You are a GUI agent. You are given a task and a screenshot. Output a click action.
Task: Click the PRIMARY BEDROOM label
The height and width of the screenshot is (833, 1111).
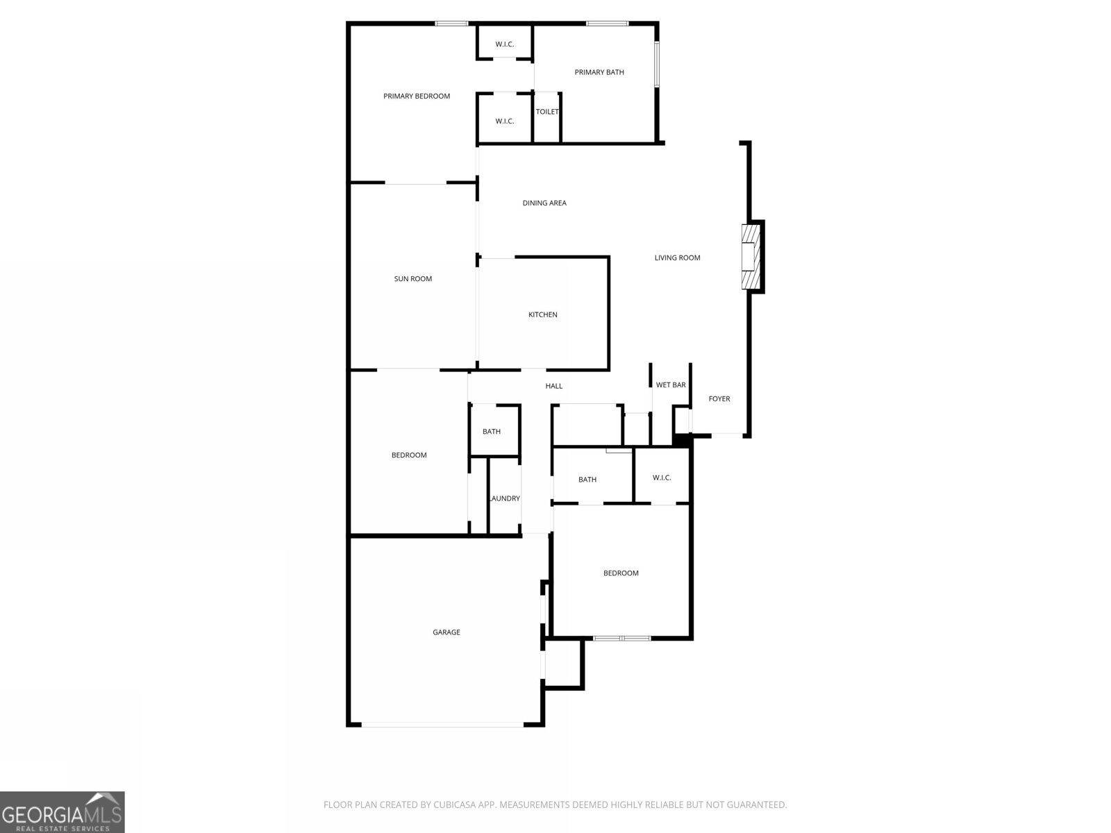(x=417, y=96)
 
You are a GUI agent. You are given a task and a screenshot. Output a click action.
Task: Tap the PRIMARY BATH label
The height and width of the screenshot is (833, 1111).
(x=599, y=72)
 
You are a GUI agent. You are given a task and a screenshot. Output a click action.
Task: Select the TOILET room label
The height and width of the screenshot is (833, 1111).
(x=547, y=112)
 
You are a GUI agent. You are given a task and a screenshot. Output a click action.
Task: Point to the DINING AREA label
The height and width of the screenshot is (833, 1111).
(x=544, y=203)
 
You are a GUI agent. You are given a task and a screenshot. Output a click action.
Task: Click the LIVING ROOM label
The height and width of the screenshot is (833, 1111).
(x=677, y=258)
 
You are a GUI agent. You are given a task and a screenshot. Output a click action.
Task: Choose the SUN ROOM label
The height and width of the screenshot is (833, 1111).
(x=413, y=279)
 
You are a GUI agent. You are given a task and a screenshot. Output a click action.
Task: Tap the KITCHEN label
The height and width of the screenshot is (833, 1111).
(x=543, y=315)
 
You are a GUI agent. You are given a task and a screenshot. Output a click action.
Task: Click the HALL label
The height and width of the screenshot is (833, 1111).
(x=554, y=386)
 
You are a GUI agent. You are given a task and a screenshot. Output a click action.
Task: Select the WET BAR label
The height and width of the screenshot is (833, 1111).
(x=671, y=385)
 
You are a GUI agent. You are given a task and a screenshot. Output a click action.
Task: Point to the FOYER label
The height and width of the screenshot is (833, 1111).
(x=719, y=399)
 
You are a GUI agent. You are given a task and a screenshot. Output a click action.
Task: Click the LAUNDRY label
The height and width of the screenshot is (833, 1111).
(x=505, y=498)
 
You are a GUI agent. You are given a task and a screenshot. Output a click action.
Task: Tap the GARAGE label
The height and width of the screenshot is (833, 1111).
(x=446, y=632)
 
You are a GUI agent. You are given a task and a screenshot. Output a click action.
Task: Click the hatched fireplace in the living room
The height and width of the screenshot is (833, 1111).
(x=751, y=257)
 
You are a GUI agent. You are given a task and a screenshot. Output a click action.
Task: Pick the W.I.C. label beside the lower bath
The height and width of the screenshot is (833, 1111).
(x=662, y=478)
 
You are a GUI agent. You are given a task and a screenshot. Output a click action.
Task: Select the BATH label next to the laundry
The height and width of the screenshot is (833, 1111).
(x=492, y=432)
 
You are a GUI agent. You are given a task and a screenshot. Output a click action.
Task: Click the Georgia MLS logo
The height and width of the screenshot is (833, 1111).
(x=62, y=812)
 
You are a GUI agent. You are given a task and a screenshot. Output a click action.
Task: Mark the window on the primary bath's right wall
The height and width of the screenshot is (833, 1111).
(x=656, y=65)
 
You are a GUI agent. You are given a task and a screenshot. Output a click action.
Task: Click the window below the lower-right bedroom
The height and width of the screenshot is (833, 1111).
(x=622, y=638)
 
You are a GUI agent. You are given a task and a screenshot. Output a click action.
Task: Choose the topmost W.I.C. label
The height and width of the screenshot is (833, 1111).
(x=505, y=44)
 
